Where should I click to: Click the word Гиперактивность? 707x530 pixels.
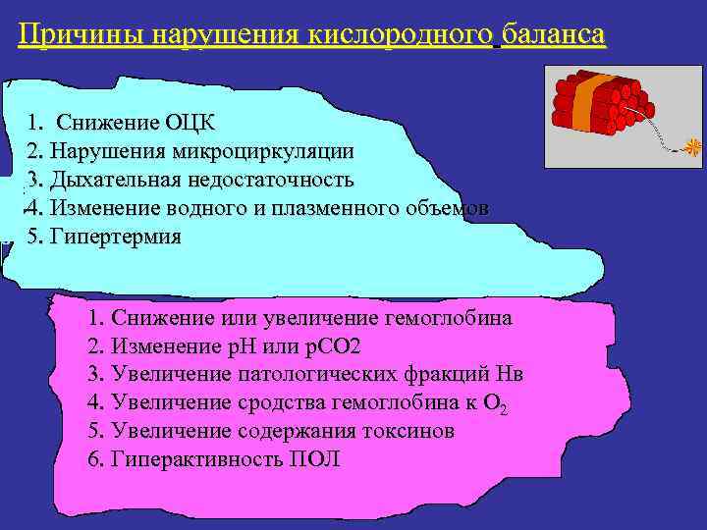click(x=192, y=459)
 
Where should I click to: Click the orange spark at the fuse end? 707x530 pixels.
click(x=693, y=147)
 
